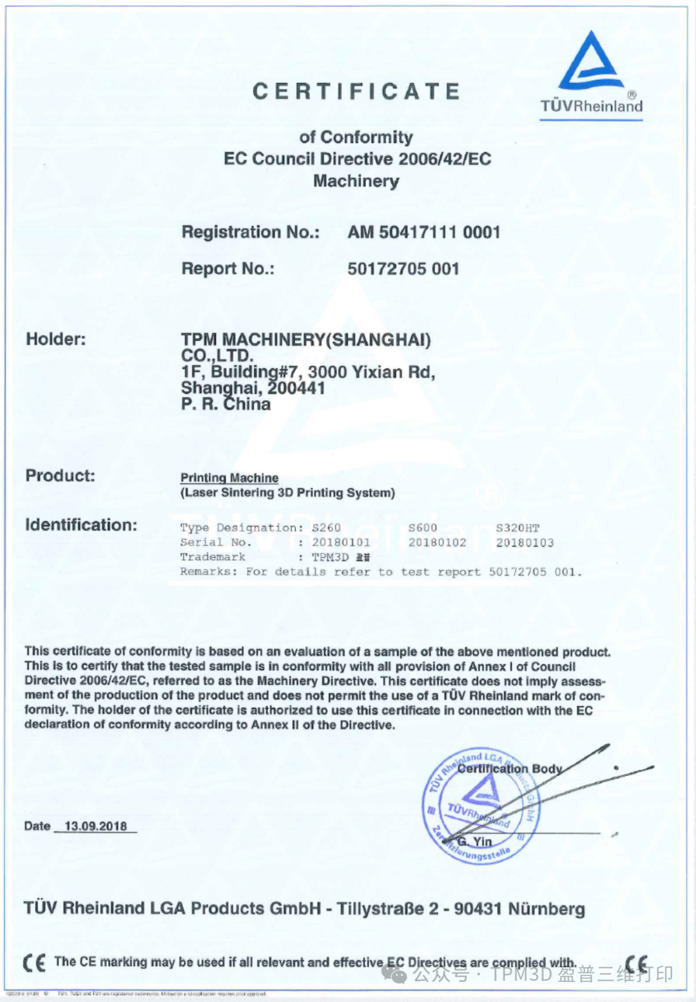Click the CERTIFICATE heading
click(356, 92)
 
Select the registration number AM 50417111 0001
click(423, 232)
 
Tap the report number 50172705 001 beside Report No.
click(403, 269)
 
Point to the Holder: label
click(55, 339)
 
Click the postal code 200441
click(296, 388)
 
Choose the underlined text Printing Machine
click(229, 477)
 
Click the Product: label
click(60, 476)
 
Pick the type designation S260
click(326, 528)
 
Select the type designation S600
click(423, 528)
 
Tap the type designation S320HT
click(517, 528)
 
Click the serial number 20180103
click(525, 543)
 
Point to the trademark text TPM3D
click(330, 557)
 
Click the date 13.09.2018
click(95, 826)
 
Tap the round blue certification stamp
click(481, 807)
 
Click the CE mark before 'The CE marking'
click(34, 963)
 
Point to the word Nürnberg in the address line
click(546, 909)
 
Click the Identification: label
click(81, 525)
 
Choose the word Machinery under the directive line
click(356, 181)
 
